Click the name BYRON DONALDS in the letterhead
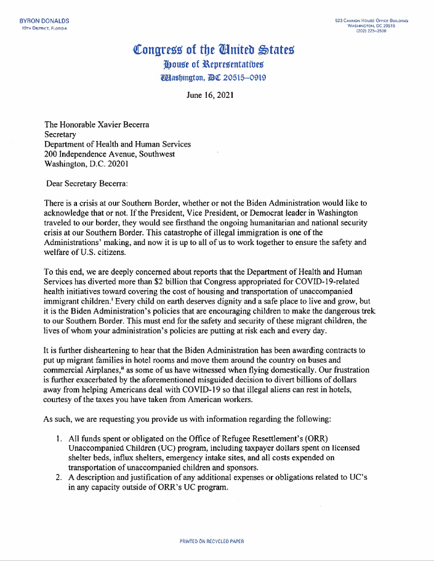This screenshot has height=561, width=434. (x=44, y=21)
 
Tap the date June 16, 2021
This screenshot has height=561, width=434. (x=209, y=95)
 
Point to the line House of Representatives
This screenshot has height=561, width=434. (x=214, y=64)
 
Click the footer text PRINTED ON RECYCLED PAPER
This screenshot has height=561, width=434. (x=212, y=541)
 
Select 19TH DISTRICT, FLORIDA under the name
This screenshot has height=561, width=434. (x=44, y=28)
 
